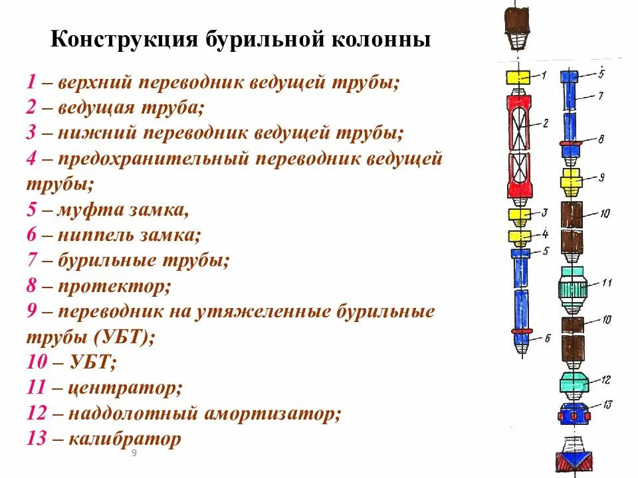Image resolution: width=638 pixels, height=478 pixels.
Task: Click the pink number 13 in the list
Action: point(37,439)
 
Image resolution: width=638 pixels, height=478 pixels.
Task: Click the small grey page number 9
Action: point(134,453)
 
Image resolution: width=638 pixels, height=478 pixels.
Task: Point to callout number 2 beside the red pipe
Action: point(544,123)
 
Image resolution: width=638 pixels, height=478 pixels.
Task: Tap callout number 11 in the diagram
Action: point(605,283)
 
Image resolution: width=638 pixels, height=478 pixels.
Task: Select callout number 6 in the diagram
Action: point(547,338)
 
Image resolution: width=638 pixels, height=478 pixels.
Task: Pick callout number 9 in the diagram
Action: point(601,177)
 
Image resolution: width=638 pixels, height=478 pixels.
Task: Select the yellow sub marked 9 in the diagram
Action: point(572,179)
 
